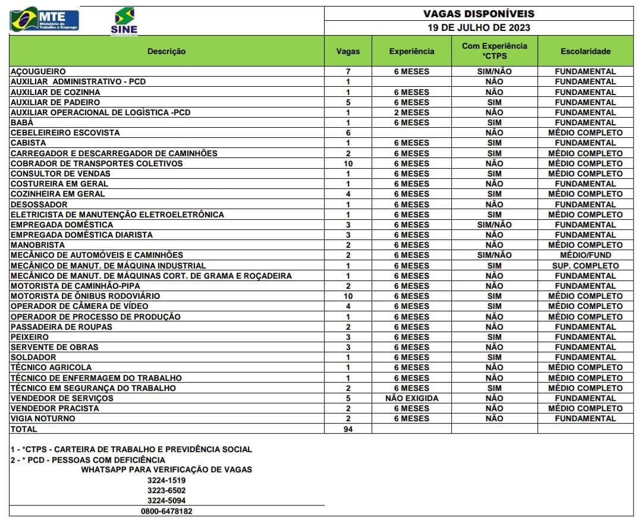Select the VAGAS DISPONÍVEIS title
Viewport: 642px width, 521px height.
[x=479, y=14]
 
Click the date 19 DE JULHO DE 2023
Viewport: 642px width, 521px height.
[x=479, y=27]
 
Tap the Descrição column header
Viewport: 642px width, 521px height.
[x=166, y=51]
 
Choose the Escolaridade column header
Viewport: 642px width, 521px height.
[x=585, y=51]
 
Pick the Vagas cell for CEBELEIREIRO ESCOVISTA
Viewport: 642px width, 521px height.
[x=348, y=132]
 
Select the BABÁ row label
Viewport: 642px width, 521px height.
[x=22, y=122]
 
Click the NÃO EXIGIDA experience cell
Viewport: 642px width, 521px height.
[x=411, y=398]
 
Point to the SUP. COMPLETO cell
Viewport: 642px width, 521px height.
[x=585, y=266]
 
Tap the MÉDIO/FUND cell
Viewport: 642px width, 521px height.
[x=585, y=255]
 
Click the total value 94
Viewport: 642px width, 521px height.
[x=348, y=429]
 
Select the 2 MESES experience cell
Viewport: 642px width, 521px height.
[x=411, y=112]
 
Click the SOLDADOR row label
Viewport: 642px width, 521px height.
[x=33, y=358]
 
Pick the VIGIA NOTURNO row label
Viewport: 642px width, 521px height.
[x=43, y=419]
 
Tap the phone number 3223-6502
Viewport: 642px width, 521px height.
[x=166, y=491]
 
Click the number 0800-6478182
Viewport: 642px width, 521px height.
[x=166, y=511]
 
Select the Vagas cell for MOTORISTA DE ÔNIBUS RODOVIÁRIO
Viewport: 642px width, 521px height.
[x=348, y=296]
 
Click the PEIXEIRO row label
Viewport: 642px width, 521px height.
[x=30, y=337]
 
